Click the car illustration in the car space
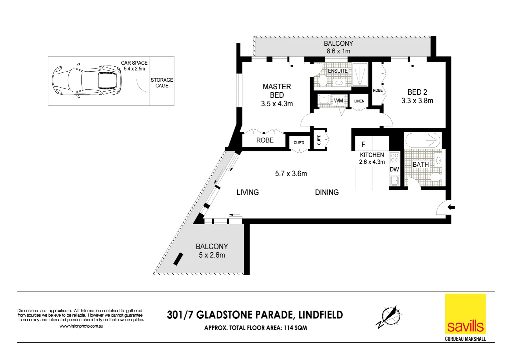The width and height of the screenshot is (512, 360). (x=87, y=81)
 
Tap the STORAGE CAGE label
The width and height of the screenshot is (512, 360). (x=162, y=83)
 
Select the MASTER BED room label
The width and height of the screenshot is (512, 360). (x=277, y=91)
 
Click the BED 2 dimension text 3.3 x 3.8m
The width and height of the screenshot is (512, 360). (x=417, y=101)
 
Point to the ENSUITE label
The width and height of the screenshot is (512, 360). (x=338, y=71)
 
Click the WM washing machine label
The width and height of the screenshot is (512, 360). (x=339, y=100)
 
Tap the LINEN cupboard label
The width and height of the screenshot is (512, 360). (x=359, y=101)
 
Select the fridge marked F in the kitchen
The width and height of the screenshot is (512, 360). (x=364, y=144)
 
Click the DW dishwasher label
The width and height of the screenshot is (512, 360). (x=394, y=169)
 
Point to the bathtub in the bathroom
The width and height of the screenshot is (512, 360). (x=423, y=140)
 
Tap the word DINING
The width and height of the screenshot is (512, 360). (x=327, y=192)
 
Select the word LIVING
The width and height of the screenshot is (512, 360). (x=247, y=192)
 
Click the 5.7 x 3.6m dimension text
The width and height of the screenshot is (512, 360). (x=291, y=174)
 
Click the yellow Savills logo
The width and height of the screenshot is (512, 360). (x=465, y=314)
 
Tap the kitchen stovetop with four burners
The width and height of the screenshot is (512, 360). (x=395, y=158)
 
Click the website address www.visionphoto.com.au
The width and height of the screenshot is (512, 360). (x=81, y=326)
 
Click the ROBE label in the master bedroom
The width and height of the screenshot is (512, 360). (x=265, y=140)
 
